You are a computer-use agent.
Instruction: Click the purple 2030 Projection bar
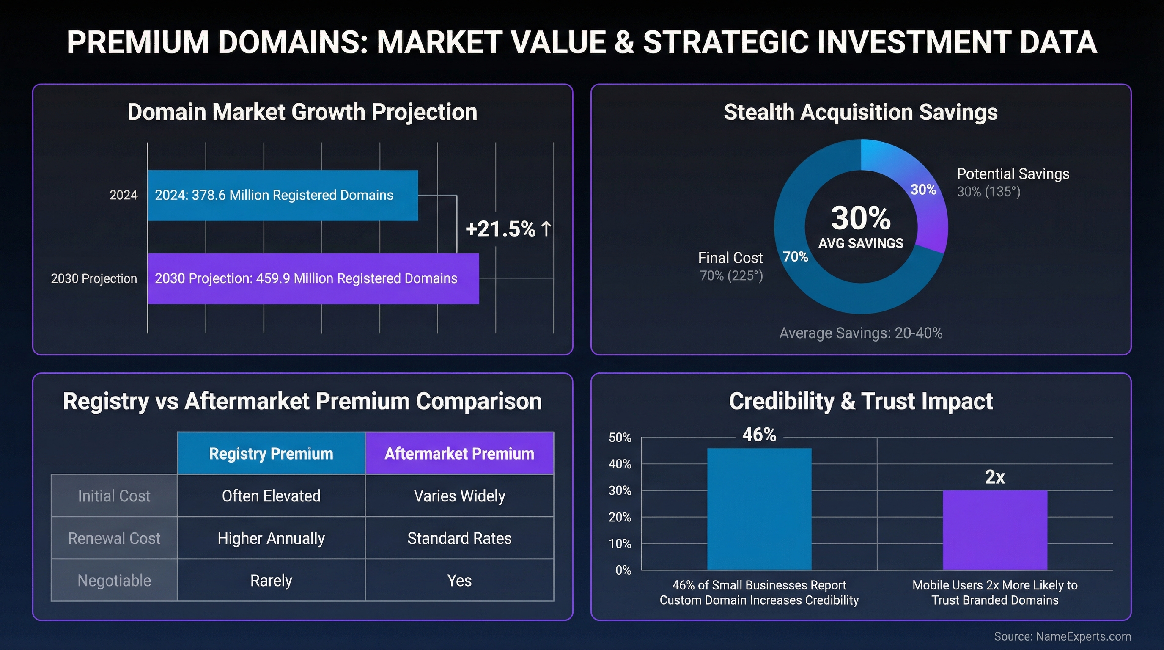click(313, 278)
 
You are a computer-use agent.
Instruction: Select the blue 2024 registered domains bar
click(283, 195)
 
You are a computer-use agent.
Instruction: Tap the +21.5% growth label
click(508, 229)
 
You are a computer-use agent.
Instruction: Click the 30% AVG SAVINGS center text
click(861, 226)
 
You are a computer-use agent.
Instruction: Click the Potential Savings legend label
click(1013, 174)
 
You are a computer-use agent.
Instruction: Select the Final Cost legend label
click(730, 258)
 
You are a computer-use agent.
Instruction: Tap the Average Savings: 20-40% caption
click(861, 333)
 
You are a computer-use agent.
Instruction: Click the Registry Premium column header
click(271, 453)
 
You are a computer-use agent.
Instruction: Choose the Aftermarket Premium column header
click(459, 453)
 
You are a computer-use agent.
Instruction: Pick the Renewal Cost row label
click(114, 538)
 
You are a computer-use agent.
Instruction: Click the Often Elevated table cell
click(271, 496)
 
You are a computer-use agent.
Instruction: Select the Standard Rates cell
click(459, 538)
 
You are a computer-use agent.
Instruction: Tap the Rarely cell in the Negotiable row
click(271, 581)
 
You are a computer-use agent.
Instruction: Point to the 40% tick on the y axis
click(620, 464)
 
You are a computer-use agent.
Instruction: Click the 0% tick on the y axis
click(623, 570)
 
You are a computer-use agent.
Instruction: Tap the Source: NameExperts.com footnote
click(1062, 636)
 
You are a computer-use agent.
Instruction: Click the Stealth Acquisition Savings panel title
click(860, 112)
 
